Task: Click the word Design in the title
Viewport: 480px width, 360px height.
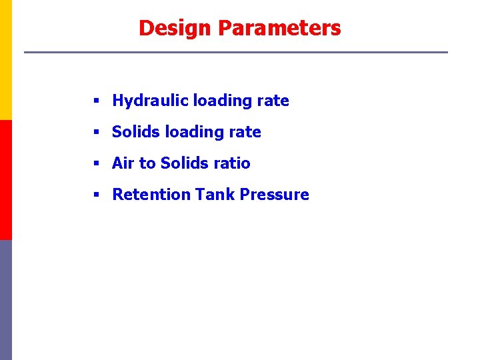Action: tap(175, 28)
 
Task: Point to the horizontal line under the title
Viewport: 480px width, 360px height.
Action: tap(236, 52)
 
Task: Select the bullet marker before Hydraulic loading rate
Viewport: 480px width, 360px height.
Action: tap(96, 101)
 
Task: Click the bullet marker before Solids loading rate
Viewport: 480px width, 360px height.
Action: tap(96, 133)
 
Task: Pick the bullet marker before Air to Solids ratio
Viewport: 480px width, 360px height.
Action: tap(96, 164)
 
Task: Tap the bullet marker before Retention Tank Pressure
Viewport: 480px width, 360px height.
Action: tap(96, 195)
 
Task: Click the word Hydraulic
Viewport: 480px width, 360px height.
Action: tap(150, 101)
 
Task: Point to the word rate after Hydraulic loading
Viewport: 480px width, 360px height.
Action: tap(273, 101)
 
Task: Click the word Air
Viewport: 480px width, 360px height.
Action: tap(123, 163)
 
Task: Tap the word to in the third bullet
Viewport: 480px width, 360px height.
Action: tap(147, 163)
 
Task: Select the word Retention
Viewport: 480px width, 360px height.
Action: tap(151, 195)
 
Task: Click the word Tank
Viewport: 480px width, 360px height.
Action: tap(215, 195)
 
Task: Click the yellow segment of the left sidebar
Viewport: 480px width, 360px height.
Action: tap(5, 60)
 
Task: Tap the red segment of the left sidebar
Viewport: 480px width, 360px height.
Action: tap(5, 180)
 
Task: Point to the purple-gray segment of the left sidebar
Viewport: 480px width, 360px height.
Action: tap(5, 300)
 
